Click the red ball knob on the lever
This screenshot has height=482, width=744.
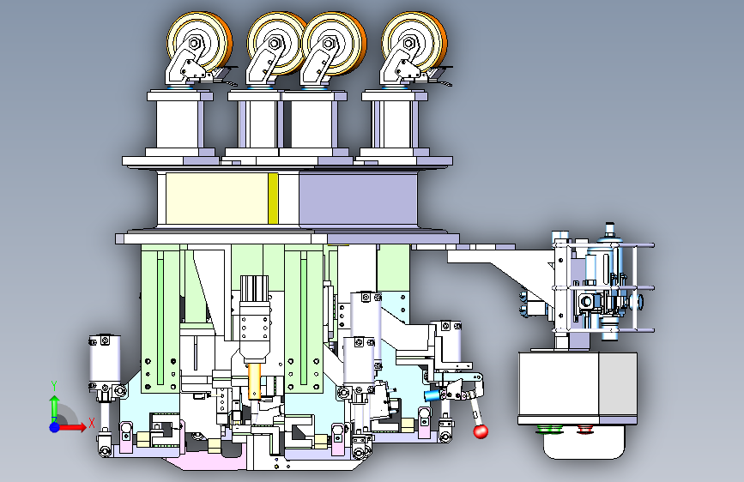[x=481, y=431]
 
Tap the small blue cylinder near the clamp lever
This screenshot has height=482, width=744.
[x=432, y=395]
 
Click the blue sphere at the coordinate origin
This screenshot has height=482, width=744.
[x=55, y=427]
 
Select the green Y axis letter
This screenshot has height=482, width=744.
[x=54, y=386]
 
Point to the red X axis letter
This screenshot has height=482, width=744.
[x=92, y=423]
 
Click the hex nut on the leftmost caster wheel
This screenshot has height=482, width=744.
[x=194, y=43]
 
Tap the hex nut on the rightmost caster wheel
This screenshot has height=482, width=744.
[x=409, y=43]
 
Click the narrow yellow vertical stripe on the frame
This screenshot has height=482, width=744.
[x=273, y=198]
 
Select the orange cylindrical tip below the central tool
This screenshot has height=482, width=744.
[x=255, y=381]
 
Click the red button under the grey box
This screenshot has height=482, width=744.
[x=586, y=430]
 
